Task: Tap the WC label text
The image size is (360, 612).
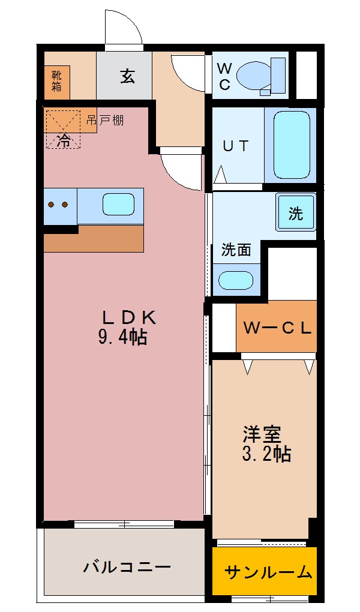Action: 223,76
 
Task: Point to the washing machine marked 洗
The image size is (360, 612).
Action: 296,213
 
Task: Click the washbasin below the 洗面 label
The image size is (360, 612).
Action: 236,280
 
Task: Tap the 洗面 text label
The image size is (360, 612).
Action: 236,250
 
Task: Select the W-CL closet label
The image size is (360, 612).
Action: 277,328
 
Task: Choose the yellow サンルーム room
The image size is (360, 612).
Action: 265,571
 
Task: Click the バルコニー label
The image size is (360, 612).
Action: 127,566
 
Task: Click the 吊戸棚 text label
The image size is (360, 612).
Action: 104,120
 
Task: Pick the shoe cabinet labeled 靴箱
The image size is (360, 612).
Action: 56,80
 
